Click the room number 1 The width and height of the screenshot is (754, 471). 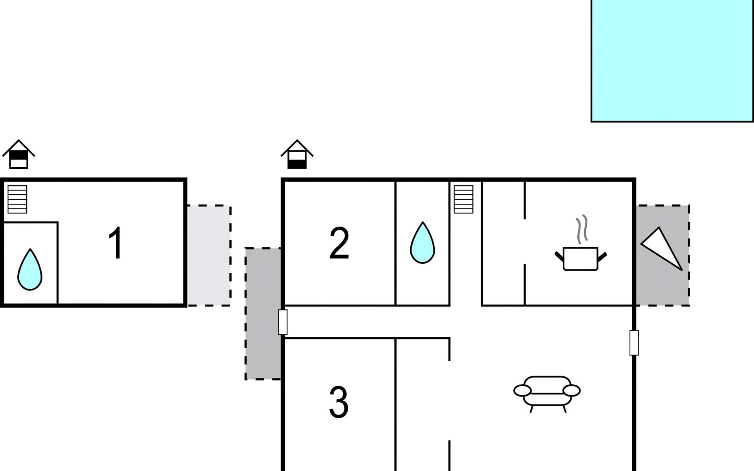click(x=116, y=243)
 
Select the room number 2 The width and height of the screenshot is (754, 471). click(x=339, y=243)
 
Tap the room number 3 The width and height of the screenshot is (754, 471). click(x=339, y=402)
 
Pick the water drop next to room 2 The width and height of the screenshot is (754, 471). click(x=422, y=243)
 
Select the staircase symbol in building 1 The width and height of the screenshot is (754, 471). click(x=17, y=199)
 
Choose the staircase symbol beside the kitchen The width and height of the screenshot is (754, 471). click(x=463, y=199)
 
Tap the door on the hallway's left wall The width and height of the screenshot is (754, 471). click(x=283, y=322)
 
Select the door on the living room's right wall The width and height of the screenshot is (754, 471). click(x=634, y=343)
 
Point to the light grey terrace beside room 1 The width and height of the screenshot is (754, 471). click(x=209, y=255)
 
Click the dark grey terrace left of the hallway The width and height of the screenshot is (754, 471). click(x=263, y=314)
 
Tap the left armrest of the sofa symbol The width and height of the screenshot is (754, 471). click(x=522, y=391)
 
